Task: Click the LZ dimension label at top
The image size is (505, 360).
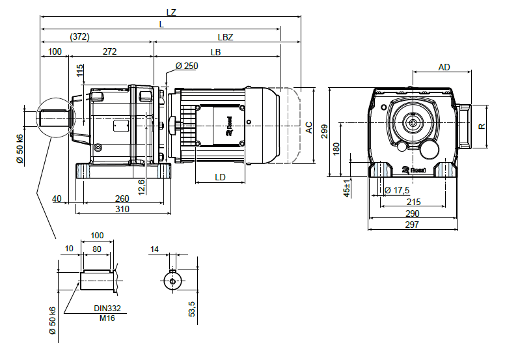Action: [x=172, y=12]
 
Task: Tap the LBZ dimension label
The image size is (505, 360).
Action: [x=224, y=37]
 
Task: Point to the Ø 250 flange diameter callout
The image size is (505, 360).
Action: [x=187, y=66]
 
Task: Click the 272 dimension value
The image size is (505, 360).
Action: [x=109, y=51]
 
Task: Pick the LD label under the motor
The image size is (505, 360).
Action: [x=220, y=176]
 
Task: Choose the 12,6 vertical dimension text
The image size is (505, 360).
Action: [x=141, y=186]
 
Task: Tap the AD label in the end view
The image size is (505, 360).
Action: [x=444, y=67]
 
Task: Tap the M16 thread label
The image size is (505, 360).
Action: [x=107, y=318]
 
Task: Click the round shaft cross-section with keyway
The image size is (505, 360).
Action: [x=172, y=281]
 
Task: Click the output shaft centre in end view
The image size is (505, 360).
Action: [x=413, y=122]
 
